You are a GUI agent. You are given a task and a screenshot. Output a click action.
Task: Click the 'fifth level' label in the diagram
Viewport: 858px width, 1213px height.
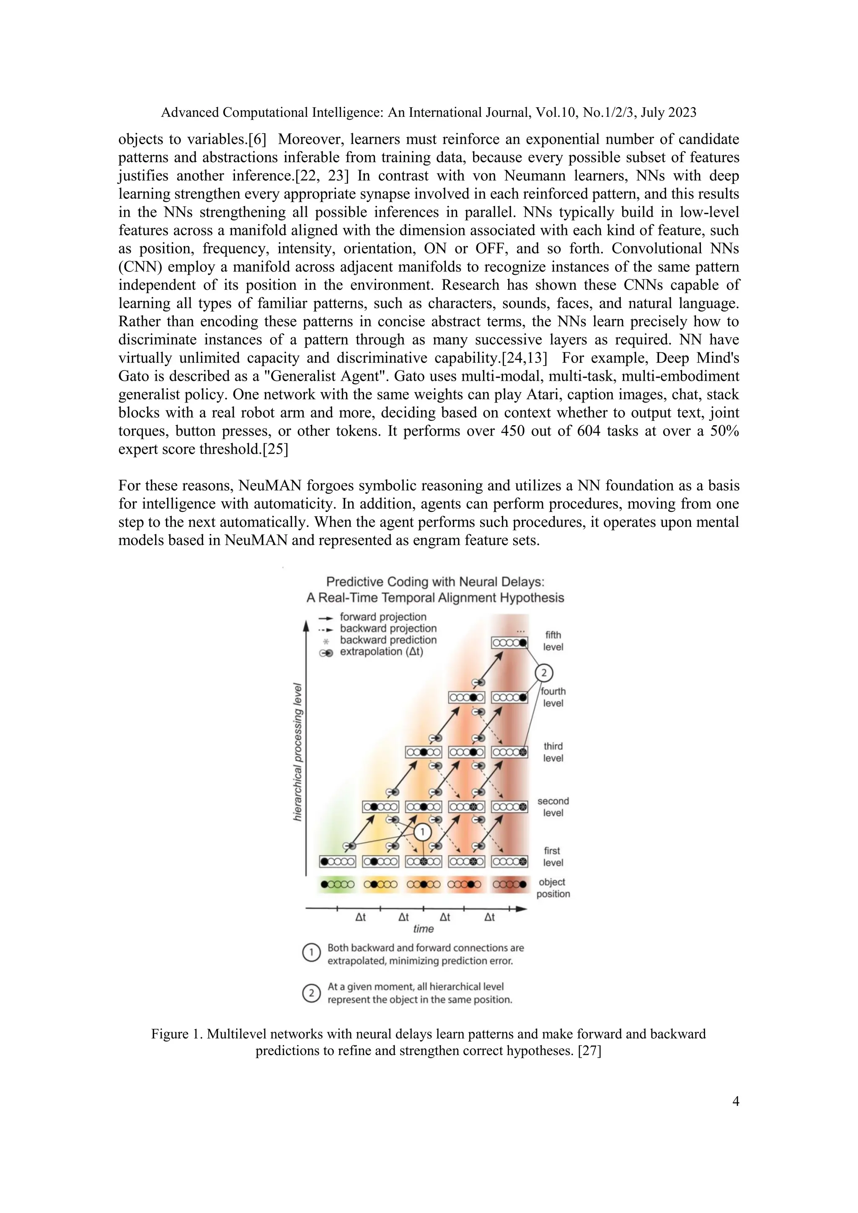(x=553, y=641)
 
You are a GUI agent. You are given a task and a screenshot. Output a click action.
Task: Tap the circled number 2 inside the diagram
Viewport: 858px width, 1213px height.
(x=544, y=673)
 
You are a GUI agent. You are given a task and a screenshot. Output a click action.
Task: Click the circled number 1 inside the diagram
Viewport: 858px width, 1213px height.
(x=422, y=833)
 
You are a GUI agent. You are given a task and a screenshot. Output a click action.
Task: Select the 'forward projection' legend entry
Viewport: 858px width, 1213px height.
(x=382, y=617)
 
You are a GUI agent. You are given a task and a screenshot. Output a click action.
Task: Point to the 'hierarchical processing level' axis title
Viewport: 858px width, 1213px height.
(x=297, y=752)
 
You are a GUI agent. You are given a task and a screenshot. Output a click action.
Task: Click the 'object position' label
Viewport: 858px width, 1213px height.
(x=553, y=888)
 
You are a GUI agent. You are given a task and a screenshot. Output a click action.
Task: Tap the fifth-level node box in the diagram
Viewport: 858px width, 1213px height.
(x=509, y=643)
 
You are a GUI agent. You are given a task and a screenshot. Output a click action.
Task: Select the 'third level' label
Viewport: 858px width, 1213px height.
(x=553, y=752)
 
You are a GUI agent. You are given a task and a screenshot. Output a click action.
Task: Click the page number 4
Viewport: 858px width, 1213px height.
(x=735, y=1101)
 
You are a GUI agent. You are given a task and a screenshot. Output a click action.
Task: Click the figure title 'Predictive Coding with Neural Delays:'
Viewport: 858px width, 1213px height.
(x=435, y=582)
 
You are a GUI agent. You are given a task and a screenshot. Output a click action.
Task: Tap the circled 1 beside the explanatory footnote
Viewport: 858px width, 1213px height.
(x=311, y=952)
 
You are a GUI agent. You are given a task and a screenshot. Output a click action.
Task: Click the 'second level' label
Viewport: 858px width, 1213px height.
(x=553, y=807)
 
